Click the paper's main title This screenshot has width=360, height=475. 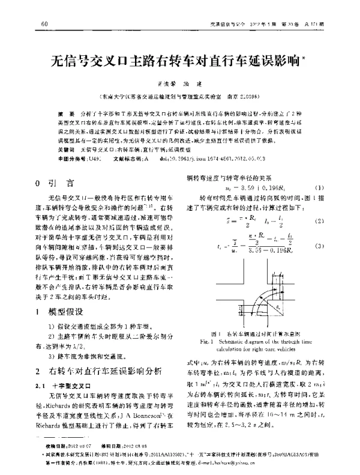178,61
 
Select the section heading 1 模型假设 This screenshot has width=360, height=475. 62,313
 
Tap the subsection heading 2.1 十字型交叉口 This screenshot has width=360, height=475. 62,386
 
